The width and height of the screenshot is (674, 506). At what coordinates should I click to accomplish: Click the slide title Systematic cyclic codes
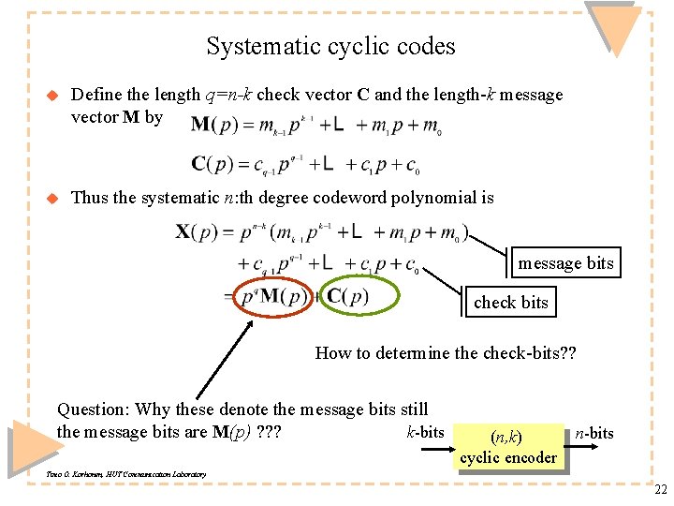(x=330, y=46)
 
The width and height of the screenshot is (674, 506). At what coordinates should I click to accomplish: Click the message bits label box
(x=567, y=263)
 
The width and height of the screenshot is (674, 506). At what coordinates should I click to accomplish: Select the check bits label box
(x=511, y=302)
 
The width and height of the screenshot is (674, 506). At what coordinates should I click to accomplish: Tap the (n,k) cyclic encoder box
(x=508, y=446)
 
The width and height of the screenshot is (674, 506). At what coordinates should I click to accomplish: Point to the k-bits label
(x=425, y=432)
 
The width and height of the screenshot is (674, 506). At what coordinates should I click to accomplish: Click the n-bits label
(x=594, y=432)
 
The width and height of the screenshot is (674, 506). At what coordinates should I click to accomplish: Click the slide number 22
(x=661, y=488)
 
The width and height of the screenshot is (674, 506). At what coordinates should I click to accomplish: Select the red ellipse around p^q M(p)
(x=272, y=297)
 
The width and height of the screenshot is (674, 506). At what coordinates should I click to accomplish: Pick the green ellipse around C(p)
(x=359, y=297)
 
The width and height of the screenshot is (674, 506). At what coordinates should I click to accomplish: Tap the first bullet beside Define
(x=52, y=95)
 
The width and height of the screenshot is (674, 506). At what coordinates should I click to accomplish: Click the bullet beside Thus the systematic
(x=52, y=198)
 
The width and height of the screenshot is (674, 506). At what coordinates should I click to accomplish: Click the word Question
(x=92, y=409)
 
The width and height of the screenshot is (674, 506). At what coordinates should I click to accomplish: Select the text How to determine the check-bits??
(x=446, y=353)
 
